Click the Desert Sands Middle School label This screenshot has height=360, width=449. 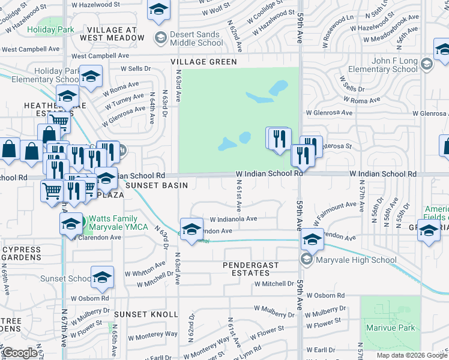point(196,38)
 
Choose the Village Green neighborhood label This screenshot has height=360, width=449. point(203,62)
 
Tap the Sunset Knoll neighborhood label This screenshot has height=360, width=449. point(146,314)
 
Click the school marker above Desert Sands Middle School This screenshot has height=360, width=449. point(158,10)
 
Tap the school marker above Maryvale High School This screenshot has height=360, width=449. point(312,240)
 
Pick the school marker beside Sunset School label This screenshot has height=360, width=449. point(103,277)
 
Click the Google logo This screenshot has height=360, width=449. point(20,353)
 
